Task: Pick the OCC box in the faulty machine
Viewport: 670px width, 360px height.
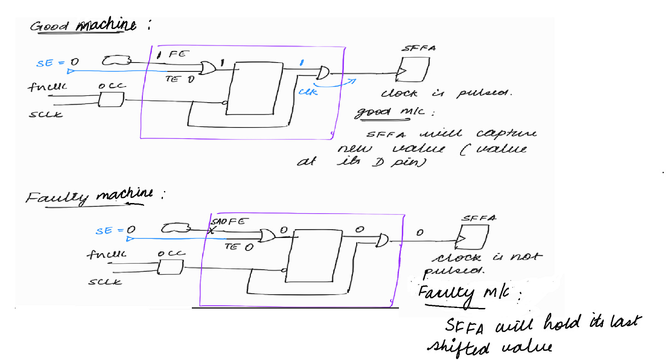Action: click(170, 267)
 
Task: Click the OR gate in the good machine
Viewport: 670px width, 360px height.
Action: click(208, 69)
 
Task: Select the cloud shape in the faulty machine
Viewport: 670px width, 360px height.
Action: click(176, 228)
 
